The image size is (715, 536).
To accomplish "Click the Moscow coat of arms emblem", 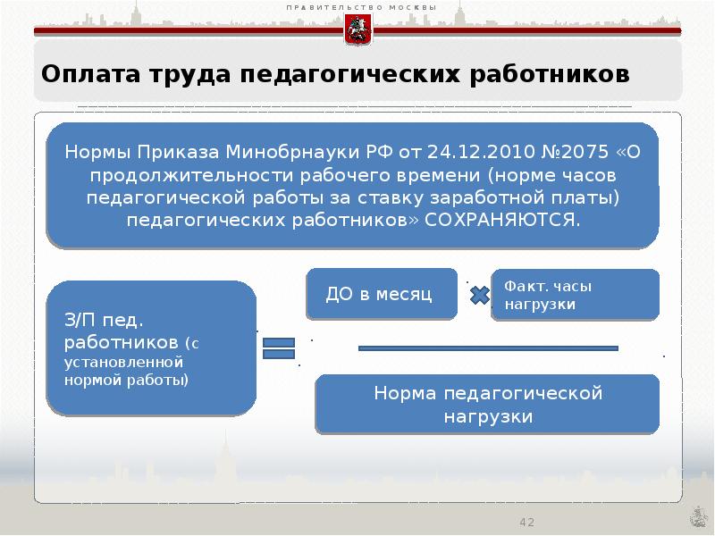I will click(357, 31).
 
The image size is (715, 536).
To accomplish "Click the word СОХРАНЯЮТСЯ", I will click(502, 219).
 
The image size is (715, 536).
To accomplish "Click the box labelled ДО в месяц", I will click(381, 294).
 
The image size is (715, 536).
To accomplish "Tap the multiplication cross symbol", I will click(480, 295).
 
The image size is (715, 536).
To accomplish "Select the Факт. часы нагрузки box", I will click(576, 295).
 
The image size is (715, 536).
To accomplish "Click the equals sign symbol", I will click(279, 348).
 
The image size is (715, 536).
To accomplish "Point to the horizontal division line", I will click(488, 348).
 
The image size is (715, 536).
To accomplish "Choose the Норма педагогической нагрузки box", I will click(488, 405).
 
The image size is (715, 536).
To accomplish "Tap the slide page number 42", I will click(526, 522).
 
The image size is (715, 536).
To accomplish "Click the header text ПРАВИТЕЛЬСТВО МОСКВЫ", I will click(361, 8).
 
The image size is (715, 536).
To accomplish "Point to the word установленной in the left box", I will click(123, 363).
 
